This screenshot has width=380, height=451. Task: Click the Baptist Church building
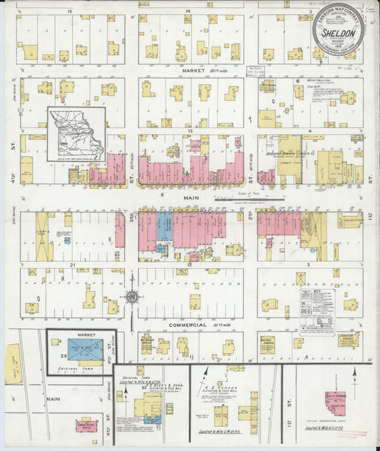click(x=267, y=341)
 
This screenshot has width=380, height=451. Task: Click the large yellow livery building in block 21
click(x=44, y=236)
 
